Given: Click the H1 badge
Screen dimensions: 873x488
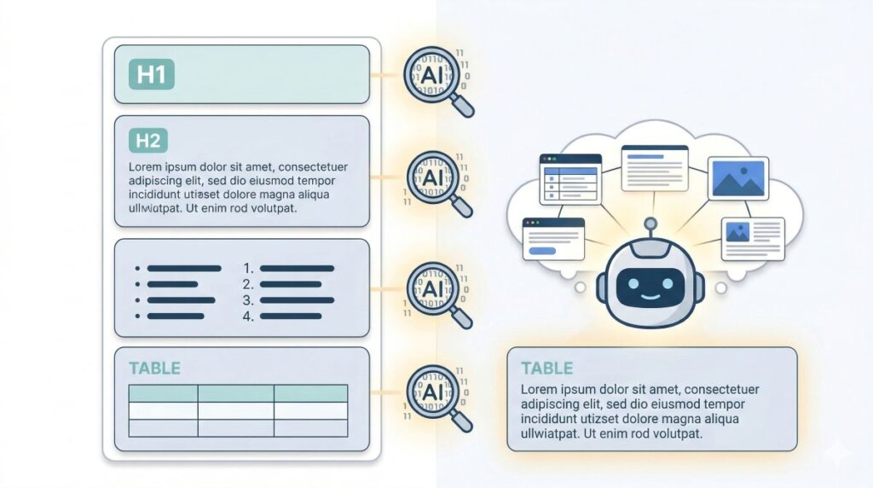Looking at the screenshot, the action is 152,74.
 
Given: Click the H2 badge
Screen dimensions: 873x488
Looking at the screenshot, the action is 148,141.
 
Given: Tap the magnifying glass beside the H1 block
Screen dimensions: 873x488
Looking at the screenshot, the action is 439,81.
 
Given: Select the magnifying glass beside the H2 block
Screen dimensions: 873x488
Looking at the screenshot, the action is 439,183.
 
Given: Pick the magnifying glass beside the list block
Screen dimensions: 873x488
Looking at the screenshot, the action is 439,295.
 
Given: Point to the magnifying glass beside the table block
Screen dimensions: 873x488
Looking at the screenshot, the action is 439,398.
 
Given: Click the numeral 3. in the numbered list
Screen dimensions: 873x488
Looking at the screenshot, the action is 248,300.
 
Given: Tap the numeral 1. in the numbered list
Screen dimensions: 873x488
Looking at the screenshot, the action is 248,269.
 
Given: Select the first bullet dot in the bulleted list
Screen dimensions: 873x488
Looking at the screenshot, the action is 137,269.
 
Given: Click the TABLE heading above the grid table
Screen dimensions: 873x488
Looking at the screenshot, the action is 155,369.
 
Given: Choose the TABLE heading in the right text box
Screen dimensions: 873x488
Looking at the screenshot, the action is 546,369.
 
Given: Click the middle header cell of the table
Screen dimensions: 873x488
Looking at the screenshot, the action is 236,393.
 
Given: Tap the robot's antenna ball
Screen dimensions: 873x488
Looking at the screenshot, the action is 650,224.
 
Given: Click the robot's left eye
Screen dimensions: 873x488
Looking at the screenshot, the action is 633,283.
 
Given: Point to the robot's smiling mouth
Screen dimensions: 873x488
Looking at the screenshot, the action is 650,296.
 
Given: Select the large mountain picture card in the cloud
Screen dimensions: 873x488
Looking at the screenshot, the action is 738,178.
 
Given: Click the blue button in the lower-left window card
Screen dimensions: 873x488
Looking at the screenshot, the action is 542,251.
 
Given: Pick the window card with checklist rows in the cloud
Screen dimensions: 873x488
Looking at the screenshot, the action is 570,179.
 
